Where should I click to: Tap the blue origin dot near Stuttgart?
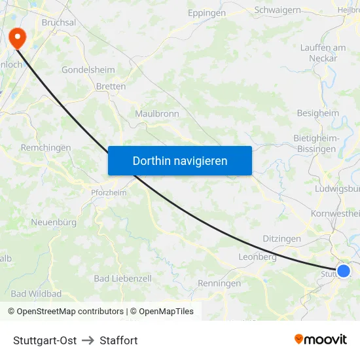(x=343, y=270)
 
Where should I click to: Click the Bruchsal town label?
(x=59, y=22)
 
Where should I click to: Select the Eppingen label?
(x=206, y=13)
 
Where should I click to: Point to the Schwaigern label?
(x=277, y=10)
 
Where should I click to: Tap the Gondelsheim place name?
(x=88, y=69)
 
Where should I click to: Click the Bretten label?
(x=111, y=86)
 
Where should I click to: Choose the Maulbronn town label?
(x=156, y=114)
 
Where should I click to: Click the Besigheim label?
(x=318, y=113)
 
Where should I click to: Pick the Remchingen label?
(x=46, y=148)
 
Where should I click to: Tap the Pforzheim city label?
(x=109, y=192)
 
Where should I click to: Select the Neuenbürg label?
(x=54, y=223)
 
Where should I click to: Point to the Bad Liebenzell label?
(x=122, y=279)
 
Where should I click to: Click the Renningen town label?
(x=219, y=283)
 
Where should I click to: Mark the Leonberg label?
(x=257, y=257)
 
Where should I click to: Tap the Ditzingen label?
(x=281, y=239)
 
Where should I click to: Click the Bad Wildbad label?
(x=36, y=294)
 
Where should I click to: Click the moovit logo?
(x=321, y=340)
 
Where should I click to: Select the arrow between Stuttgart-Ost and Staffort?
(x=88, y=340)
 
